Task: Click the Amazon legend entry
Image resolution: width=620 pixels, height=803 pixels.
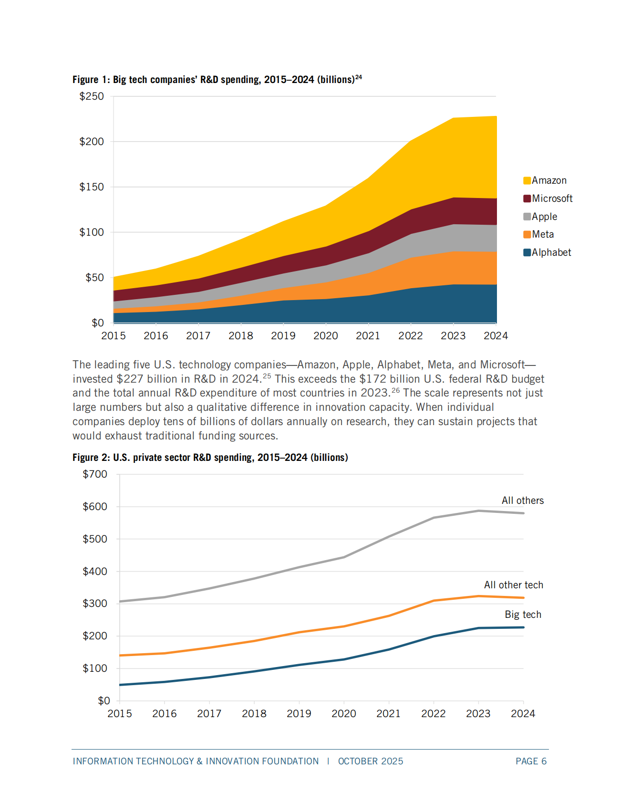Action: tap(548, 180)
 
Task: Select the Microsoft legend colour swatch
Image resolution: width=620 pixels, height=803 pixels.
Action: tap(527, 198)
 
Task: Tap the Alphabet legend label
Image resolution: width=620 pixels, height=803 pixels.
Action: tap(551, 252)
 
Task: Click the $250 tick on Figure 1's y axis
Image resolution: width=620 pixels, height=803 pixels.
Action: tap(92, 96)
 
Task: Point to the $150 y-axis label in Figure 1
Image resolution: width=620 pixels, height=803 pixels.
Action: tap(92, 187)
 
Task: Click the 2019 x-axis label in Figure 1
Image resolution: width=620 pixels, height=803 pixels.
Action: tap(283, 336)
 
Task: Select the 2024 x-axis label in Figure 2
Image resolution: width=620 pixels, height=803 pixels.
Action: tap(523, 714)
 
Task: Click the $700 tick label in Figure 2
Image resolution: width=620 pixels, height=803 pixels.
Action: tap(95, 474)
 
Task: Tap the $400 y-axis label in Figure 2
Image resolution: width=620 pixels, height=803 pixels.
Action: tap(95, 572)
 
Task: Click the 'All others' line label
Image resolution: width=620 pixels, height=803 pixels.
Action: tap(522, 501)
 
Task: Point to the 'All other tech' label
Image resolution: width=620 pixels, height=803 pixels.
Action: tap(513, 585)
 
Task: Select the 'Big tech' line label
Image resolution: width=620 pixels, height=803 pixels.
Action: tap(523, 615)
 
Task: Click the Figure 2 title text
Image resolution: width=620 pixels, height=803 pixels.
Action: tap(210, 458)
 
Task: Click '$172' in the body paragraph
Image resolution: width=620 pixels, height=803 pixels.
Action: tap(372, 379)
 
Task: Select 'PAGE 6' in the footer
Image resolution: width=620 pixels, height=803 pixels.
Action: tap(531, 761)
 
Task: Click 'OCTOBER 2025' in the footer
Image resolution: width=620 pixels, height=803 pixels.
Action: tap(371, 761)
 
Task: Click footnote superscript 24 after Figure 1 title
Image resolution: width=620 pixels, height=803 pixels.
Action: tap(359, 77)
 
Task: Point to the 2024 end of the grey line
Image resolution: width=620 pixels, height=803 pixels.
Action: tap(523, 513)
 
